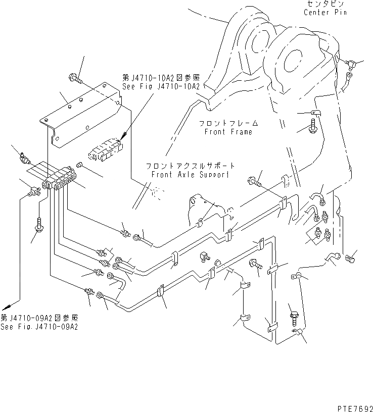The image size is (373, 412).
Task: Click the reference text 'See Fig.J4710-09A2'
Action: [39, 327]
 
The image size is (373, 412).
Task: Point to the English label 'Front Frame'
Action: [228, 132]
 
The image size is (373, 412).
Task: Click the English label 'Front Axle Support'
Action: [190, 175]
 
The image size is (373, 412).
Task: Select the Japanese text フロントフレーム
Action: [228, 123]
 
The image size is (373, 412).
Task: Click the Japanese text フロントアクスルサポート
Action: [190, 166]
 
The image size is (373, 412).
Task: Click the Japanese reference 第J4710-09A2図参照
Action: [39, 318]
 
